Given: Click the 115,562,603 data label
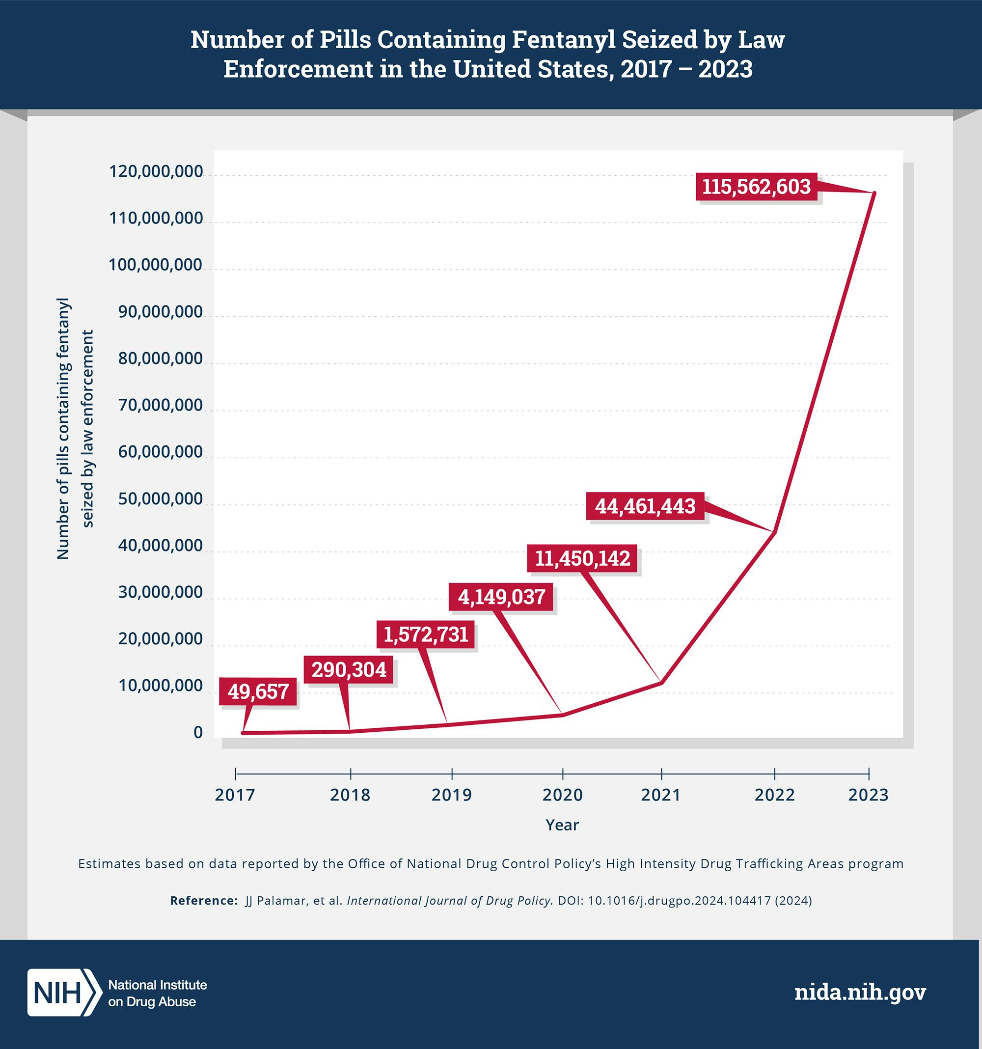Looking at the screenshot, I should pos(756,187).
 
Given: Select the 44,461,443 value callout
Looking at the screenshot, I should pos(645,506).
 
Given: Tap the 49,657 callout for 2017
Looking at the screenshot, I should pos(258,691).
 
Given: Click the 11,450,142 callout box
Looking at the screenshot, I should pos(582,558).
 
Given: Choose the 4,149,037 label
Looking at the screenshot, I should pos(501,597).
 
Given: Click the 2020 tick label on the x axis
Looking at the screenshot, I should pos(563,795).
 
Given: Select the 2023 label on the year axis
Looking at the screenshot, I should pos(868,795).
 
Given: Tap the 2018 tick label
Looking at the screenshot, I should pos(350,795).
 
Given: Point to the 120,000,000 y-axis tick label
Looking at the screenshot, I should pos(156,171).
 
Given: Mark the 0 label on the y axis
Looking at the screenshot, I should pos(198,732).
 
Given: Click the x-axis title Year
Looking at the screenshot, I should pos(562,825).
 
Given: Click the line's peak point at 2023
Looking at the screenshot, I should pos(874,193).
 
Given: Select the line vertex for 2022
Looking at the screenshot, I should pos(774,531).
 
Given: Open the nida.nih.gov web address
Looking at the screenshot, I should pos(860,992).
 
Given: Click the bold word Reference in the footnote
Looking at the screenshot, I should pos(203,901).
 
